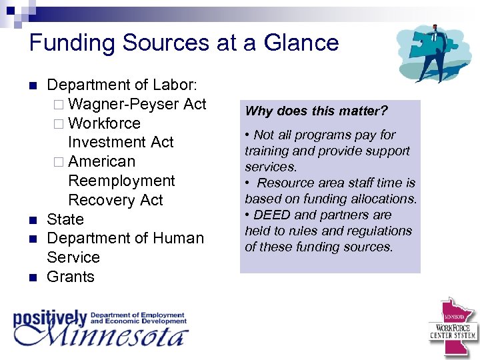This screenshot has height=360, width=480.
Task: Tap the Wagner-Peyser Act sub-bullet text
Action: (x=137, y=104)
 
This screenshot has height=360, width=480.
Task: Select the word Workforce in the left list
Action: (x=104, y=123)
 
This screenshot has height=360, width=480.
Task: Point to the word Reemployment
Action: (x=121, y=181)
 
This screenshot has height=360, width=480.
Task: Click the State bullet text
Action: (x=65, y=219)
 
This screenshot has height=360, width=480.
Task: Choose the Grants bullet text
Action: (x=71, y=277)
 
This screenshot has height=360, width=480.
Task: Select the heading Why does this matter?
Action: (x=316, y=111)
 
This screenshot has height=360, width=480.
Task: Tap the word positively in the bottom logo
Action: (x=50, y=319)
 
